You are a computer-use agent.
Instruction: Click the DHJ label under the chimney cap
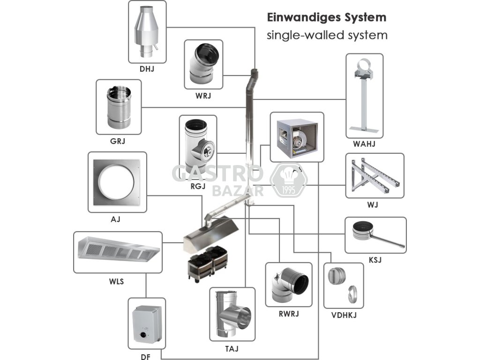coord(147,69)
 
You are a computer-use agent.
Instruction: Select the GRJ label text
coord(118,140)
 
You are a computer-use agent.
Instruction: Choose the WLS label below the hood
coord(118,281)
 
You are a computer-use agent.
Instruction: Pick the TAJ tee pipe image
coord(232,315)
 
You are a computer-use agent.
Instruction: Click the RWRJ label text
coord(288,314)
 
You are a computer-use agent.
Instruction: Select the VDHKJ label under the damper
coord(344,315)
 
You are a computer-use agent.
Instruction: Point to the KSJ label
coord(375,259)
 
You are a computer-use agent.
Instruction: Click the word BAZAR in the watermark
coord(238,191)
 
